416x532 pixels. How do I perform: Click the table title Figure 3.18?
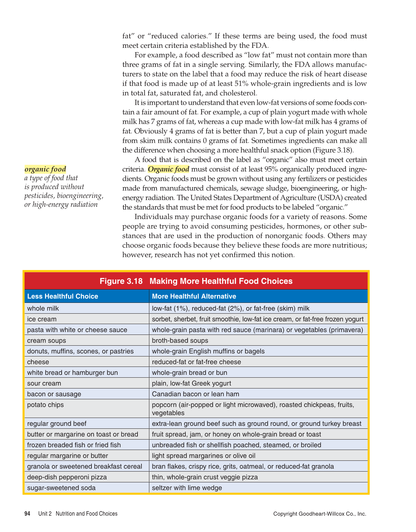pos(196,281)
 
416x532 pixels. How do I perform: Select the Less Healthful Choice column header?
pos(63,296)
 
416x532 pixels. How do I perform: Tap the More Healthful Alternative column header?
pos(194,296)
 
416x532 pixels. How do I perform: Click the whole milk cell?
pos(43,309)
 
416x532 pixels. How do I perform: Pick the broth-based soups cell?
pos(180,341)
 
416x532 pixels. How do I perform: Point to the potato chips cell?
pos(45,405)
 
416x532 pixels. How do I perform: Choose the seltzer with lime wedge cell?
pos(187,488)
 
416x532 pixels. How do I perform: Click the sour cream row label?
pos(44,383)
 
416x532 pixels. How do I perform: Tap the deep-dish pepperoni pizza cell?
pos(67,477)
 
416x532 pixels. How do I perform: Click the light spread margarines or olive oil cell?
pos(203,456)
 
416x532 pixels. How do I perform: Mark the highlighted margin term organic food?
pos(45,169)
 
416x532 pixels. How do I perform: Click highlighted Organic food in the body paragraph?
pos(168,169)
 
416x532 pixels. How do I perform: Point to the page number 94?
pos(27,514)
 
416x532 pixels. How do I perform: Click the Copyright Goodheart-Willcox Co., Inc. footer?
pos(320,514)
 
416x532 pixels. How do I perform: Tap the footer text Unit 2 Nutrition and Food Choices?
pos(78,514)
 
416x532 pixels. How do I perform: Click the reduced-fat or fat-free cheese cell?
pos(196,362)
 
